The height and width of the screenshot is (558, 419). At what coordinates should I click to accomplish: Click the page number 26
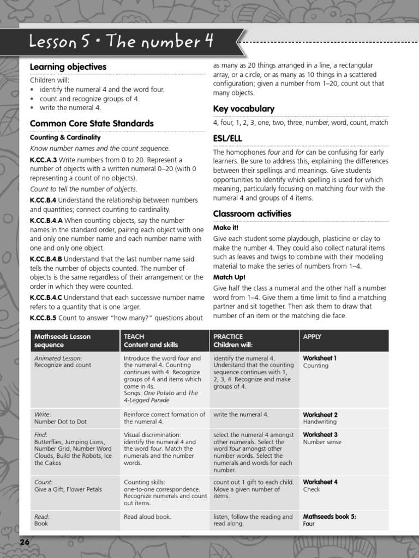click(x=25, y=542)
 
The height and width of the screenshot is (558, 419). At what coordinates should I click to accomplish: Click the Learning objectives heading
click(x=68, y=67)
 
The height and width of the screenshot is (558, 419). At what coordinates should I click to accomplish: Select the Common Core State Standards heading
click(x=92, y=123)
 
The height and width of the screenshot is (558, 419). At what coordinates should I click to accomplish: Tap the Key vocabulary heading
click(x=243, y=108)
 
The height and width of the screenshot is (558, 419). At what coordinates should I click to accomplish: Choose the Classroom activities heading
click(x=252, y=214)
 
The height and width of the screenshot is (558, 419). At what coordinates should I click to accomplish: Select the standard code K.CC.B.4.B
click(x=46, y=259)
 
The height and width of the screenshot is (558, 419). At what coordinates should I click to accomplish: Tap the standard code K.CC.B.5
click(x=43, y=318)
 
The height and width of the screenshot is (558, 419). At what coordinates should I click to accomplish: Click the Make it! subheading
click(x=226, y=228)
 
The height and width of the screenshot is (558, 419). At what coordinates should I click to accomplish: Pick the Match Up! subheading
click(x=229, y=277)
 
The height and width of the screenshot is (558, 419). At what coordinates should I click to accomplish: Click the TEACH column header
click(x=134, y=337)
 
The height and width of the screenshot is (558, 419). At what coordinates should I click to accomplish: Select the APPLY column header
click(x=312, y=337)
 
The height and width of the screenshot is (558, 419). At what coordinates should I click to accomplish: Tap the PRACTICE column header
click(x=228, y=337)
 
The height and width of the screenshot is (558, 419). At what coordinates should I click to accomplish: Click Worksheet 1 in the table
click(x=320, y=358)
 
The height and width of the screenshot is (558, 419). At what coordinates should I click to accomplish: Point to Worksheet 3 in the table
click(x=320, y=434)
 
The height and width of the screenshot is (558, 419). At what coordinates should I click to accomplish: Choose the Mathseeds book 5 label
click(x=330, y=517)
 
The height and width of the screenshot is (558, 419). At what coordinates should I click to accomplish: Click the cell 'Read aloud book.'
click(x=147, y=517)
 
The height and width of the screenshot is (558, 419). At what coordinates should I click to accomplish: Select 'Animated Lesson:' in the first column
click(x=58, y=358)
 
